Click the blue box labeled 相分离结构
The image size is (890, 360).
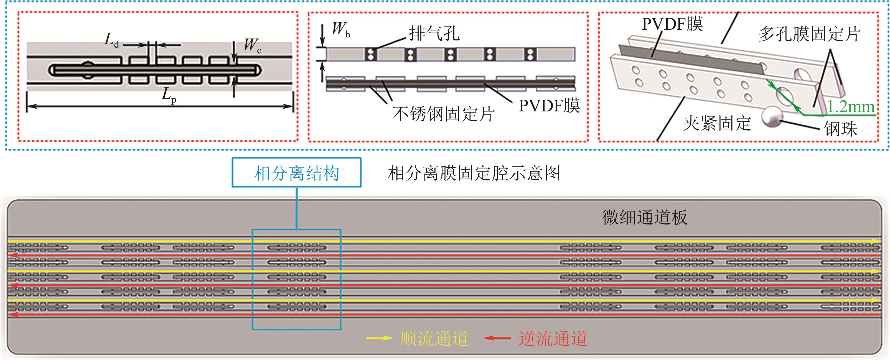(x=296, y=173)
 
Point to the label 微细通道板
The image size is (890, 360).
(x=645, y=218)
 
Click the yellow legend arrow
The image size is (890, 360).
(x=379, y=338)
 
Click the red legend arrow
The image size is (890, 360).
(x=497, y=338)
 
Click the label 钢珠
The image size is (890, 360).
(x=840, y=129)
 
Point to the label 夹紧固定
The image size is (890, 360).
(x=717, y=123)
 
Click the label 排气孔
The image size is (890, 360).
(x=434, y=34)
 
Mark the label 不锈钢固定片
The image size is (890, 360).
(x=443, y=114)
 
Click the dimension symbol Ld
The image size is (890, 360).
(x=111, y=40)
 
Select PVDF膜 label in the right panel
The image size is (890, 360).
(x=672, y=24)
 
